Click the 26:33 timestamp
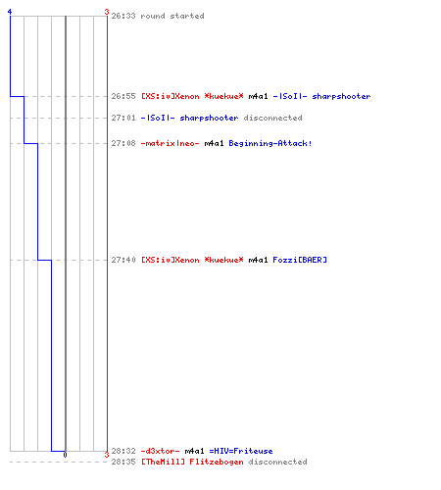[x=123, y=16]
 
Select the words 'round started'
[x=172, y=16]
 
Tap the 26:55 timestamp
[x=123, y=96]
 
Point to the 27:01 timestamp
[x=123, y=118]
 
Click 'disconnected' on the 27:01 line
[x=272, y=118]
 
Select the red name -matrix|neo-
[x=170, y=143]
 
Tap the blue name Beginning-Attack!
[x=270, y=143]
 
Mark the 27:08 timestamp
[x=123, y=143]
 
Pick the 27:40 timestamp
[x=123, y=260]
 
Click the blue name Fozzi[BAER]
[x=300, y=260]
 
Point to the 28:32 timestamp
[x=123, y=451]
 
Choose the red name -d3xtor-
[x=160, y=451]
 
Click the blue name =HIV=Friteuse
[x=241, y=451]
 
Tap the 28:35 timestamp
[x=123, y=462]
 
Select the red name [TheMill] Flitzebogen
[x=192, y=462]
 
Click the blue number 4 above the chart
[x=10, y=12]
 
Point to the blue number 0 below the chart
[x=65, y=455]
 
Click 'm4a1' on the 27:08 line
[x=214, y=143]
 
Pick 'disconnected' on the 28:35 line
[x=277, y=462]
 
